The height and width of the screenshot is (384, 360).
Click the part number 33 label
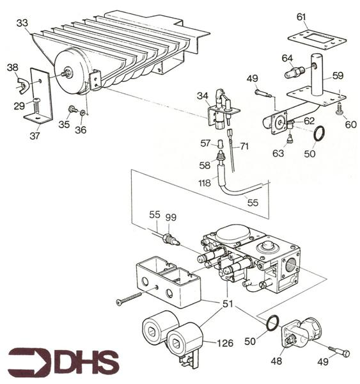[22, 22]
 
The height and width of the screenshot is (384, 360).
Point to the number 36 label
[81, 130]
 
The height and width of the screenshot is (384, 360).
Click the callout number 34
[203, 96]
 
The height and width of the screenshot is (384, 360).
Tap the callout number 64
[287, 58]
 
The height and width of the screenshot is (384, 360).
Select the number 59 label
[338, 75]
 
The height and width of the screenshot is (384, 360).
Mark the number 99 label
[170, 218]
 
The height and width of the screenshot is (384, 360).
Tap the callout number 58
[205, 165]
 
